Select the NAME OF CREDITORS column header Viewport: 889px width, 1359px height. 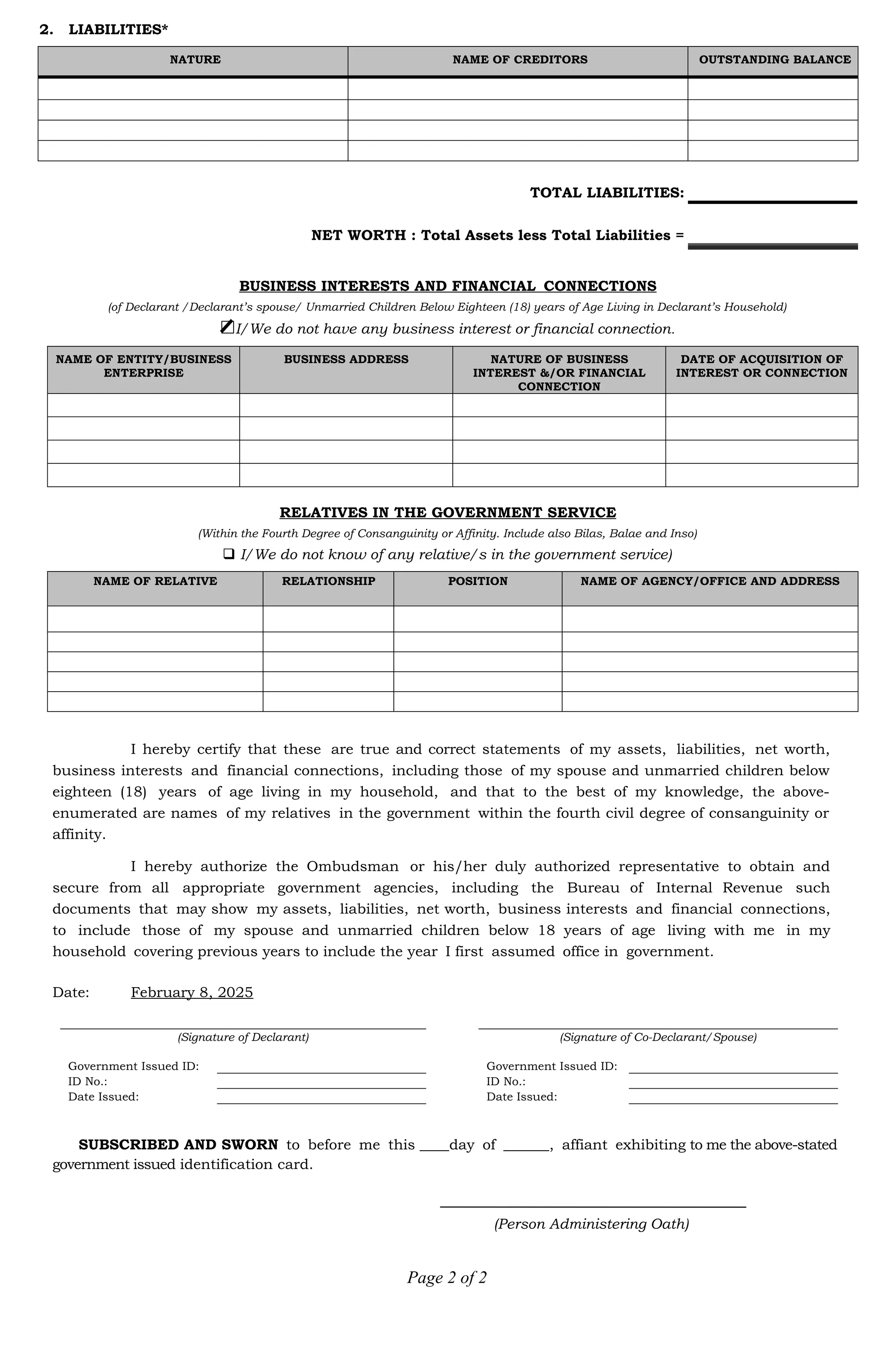point(519,60)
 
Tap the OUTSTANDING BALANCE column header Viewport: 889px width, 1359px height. point(774,60)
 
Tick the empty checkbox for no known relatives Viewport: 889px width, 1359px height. point(229,554)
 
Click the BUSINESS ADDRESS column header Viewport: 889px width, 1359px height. point(346,360)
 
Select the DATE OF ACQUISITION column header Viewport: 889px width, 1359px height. point(761,367)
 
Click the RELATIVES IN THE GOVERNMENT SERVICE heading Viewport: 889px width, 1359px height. point(448,513)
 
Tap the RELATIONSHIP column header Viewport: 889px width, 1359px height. point(328,581)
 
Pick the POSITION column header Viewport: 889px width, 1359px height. point(477,581)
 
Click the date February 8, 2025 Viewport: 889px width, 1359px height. point(192,992)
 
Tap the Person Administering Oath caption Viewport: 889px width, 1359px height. point(591,1224)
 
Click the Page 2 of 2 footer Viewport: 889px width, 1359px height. point(446,1277)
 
